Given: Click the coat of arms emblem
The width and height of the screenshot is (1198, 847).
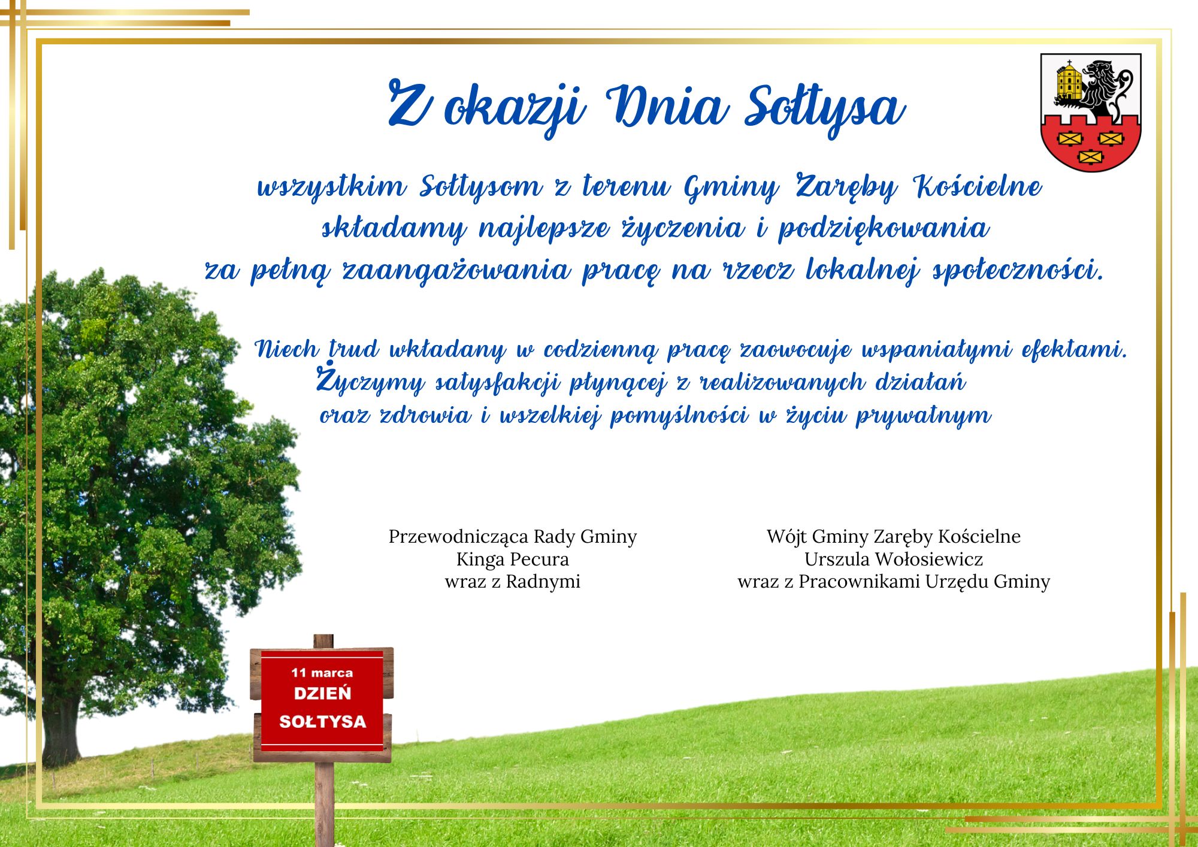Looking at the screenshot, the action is point(1090,112).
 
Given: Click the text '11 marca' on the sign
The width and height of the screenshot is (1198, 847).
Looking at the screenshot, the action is point(322,673).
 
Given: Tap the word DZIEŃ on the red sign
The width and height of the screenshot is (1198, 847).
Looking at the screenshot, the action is point(322,694).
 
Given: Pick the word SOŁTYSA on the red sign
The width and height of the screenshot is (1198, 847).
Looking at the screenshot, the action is point(322,721).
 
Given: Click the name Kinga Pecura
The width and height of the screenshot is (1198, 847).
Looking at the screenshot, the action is point(513,559).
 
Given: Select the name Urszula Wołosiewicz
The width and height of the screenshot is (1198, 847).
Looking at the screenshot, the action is point(894,559).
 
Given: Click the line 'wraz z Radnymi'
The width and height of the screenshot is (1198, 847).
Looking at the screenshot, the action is point(513,582).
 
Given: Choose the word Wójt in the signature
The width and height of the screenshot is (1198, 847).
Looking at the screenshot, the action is point(786,537).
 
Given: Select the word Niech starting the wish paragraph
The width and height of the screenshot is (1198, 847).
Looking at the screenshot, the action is point(286,349).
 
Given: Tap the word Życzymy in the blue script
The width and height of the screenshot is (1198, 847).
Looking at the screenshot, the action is point(370,381).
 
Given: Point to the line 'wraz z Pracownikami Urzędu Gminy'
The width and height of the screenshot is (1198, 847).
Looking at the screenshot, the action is point(894,582).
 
